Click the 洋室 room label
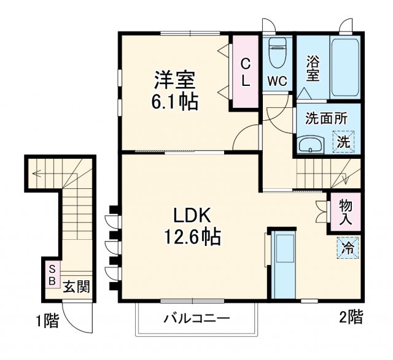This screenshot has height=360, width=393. coord(175,80)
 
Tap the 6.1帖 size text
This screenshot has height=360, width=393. coord(175,101)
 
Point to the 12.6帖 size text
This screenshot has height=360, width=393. coord(192,236)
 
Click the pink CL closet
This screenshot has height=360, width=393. coord(245,72)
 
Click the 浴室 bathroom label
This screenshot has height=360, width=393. coord(313,68)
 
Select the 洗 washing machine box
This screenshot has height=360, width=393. coord(345,142)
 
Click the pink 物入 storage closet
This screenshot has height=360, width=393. coord(346,212)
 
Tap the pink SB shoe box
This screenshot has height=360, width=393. coord(52,275)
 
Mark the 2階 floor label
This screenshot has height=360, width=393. coord(351,317)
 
